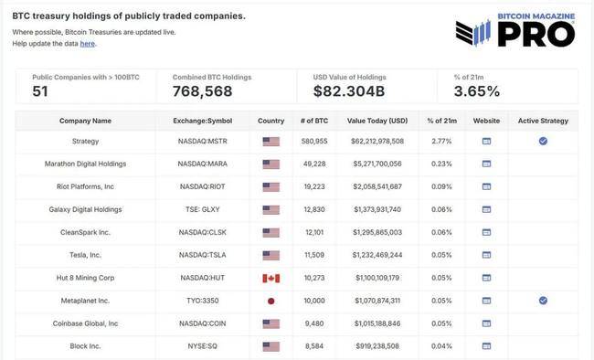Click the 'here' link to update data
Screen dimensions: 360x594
point(87,44)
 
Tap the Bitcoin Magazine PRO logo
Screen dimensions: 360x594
point(515,29)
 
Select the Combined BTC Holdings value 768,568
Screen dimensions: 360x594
point(202,91)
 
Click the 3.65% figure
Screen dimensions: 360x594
point(477,91)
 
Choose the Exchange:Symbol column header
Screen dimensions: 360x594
point(203,121)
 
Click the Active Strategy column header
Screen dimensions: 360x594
point(543,121)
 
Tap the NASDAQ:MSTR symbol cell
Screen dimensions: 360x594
point(203,142)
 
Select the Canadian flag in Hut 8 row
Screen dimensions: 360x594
point(270,277)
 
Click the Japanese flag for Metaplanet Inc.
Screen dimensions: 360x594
point(270,300)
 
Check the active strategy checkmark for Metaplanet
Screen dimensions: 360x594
point(543,300)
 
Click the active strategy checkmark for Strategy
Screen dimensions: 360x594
point(543,142)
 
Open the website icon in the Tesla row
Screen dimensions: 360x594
point(486,254)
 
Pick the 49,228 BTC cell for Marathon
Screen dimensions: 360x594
point(313,164)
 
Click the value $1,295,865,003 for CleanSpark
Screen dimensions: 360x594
point(375,232)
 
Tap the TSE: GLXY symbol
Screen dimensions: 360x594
point(203,209)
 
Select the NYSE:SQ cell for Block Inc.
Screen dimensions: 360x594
point(203,345)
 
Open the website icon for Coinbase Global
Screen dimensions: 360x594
point(486,323)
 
